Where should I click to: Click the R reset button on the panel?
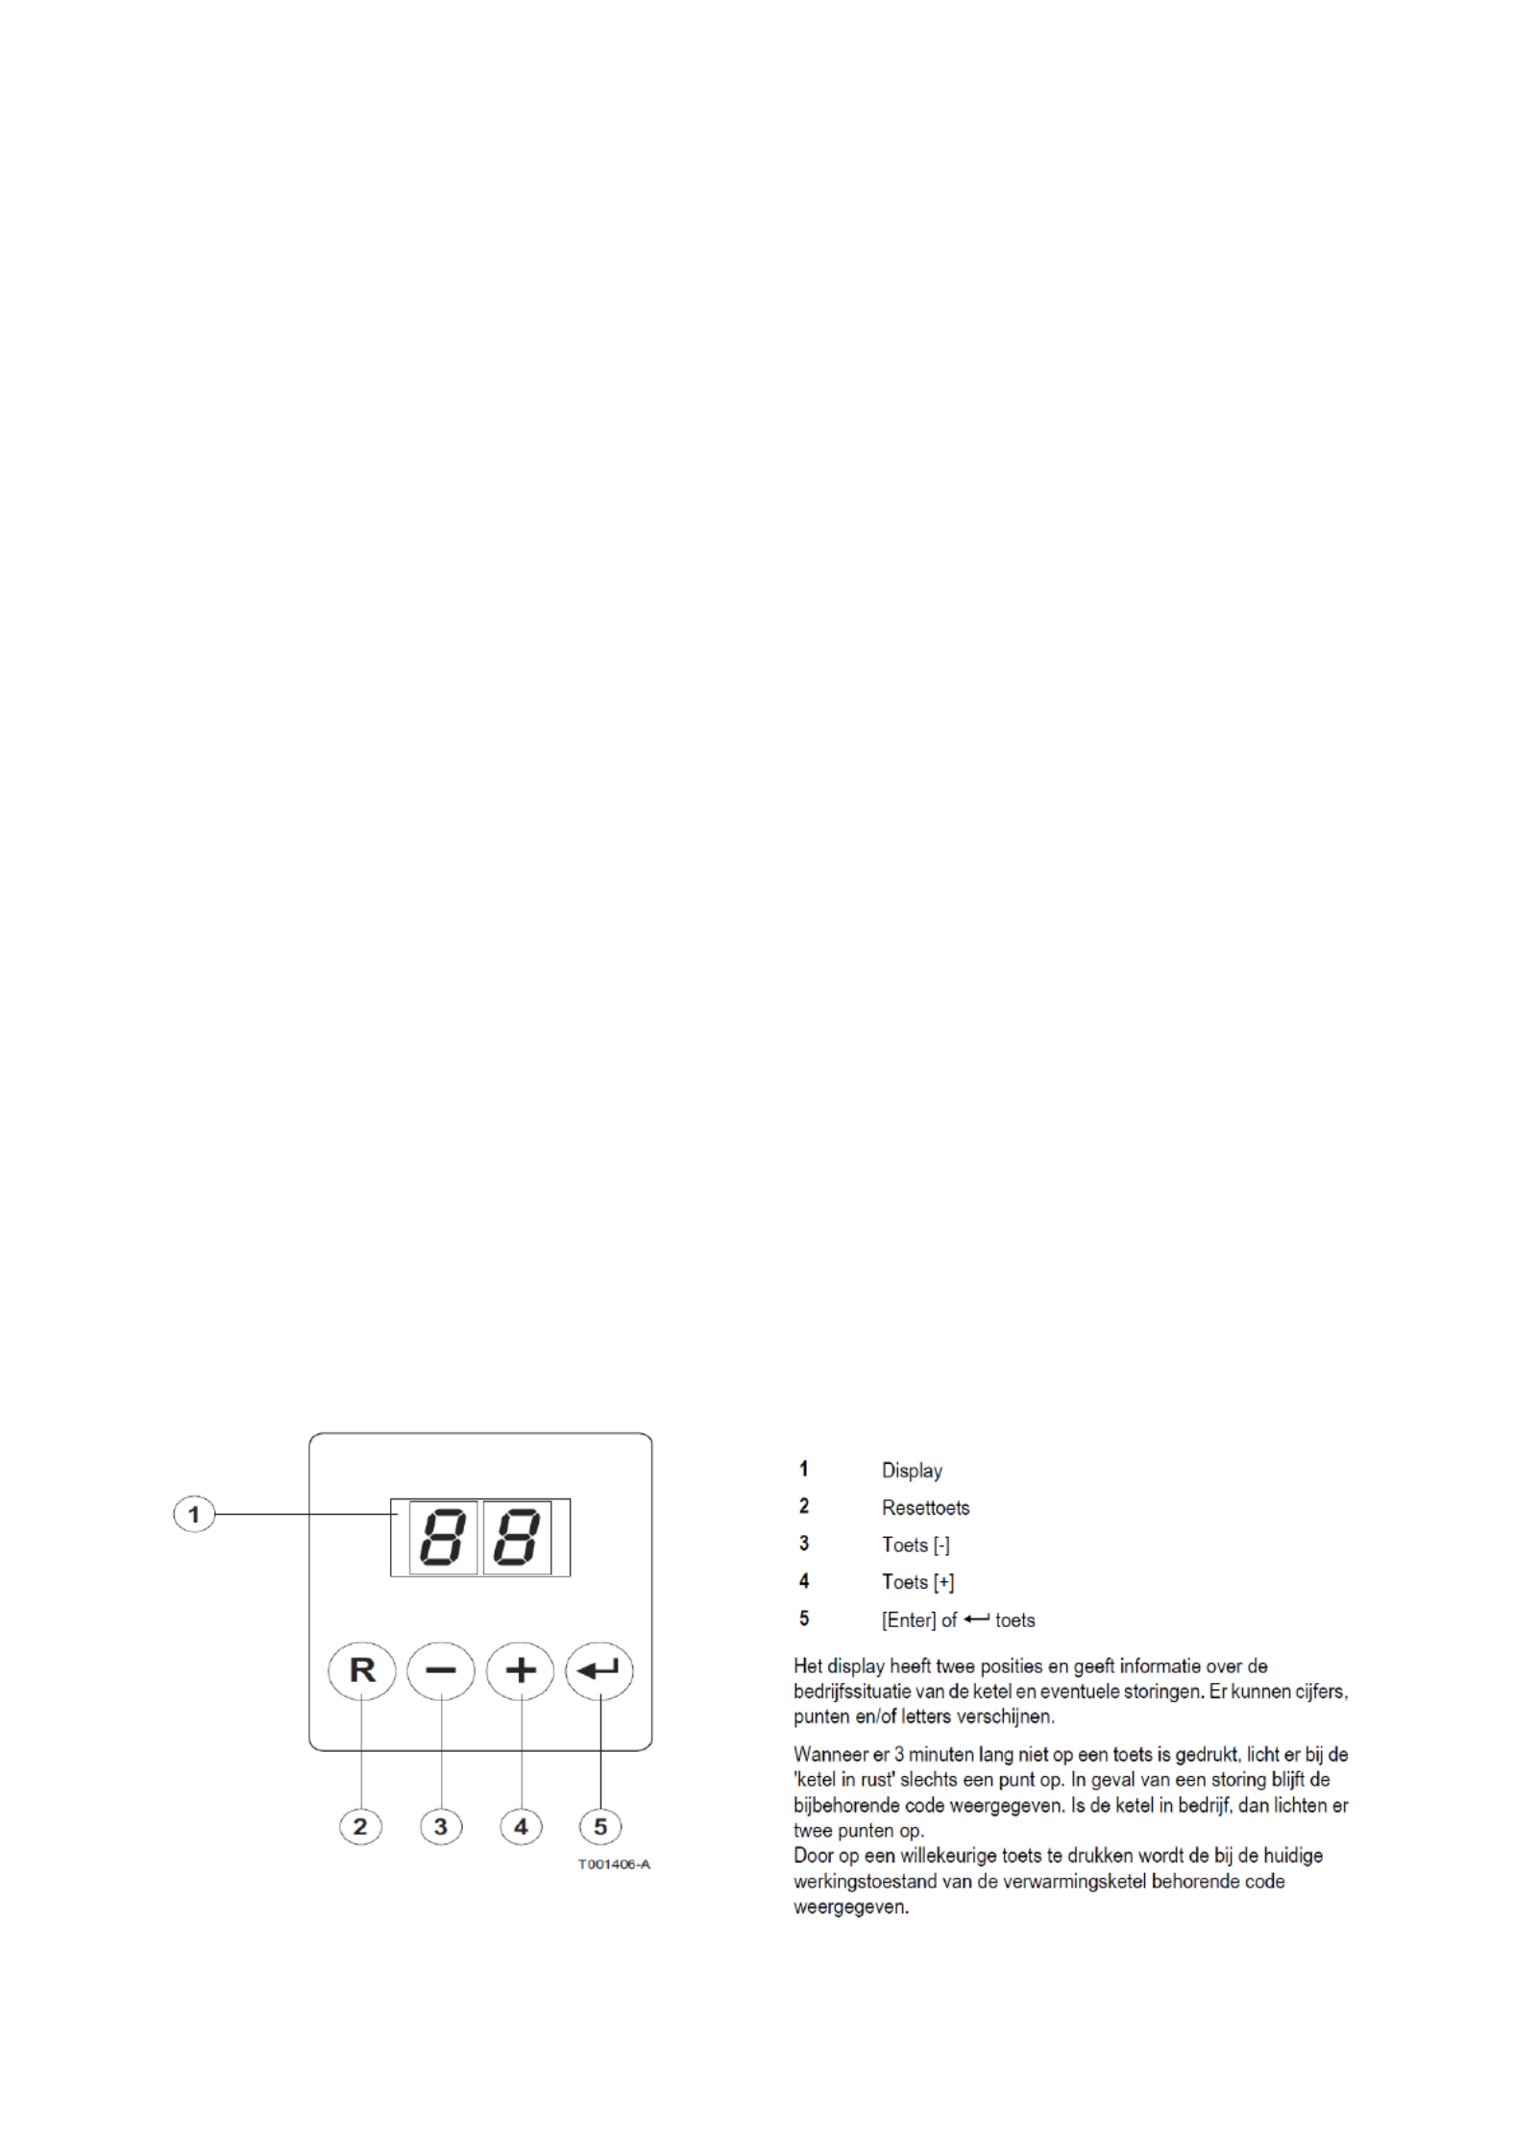[361, 1671]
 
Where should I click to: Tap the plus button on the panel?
[520, 1671]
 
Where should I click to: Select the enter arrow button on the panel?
[599, 1671]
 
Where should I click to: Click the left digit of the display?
[443, 1538]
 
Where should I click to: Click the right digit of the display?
[517, 1538]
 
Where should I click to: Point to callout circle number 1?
[194, 1515]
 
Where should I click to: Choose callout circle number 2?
[360, 1826]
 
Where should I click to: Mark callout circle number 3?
[441, 1826]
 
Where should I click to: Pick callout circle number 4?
[521, 1826]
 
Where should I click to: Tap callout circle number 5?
[600, 1826]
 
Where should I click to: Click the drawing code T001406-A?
[613, 1864]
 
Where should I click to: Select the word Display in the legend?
[912, 1471]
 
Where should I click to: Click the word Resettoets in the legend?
[925, 1508]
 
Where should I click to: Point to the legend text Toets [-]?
[916, 1546]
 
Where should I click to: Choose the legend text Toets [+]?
[917, 1582]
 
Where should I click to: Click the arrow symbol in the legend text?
[976, 1619]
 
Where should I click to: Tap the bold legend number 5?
[804, 1619]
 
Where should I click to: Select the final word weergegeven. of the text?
[851, 1907]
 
